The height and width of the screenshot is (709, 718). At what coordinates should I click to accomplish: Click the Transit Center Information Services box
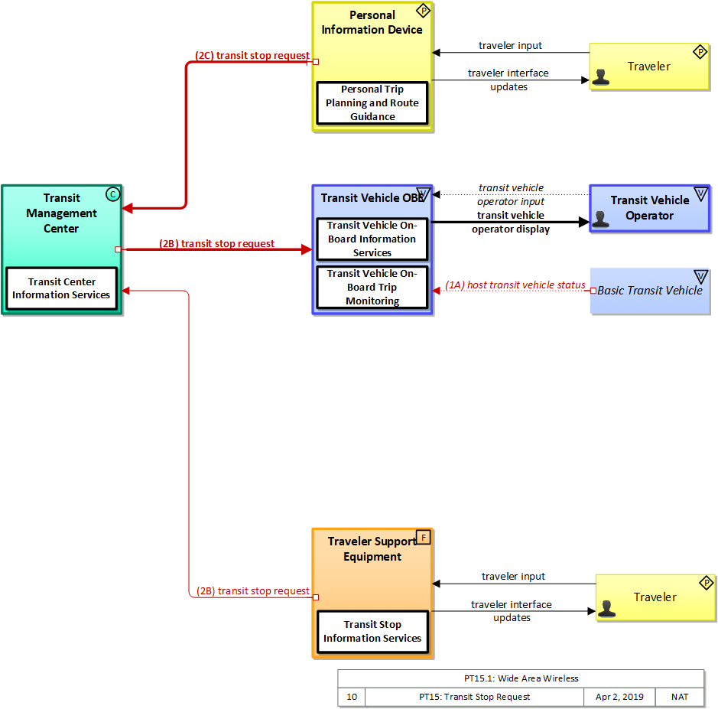pyautogui.click(x=61, y=288)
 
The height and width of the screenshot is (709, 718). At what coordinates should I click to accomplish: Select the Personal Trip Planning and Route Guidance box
pyautogui.click(x=372, y=103)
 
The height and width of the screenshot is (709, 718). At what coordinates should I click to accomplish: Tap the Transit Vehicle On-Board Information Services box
pyautogui.click(x=372, y=239)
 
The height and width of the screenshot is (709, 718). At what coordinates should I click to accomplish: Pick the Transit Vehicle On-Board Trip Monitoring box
pyautogui.click(x=372, y=288)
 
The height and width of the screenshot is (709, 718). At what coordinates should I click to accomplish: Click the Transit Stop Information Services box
pyautogui.click(x=372, y=632)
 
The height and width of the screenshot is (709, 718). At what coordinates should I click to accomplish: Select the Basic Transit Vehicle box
pyautogui.click(x=649, y=291)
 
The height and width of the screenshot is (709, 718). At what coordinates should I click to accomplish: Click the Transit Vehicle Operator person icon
pyautogui.click(x=601, y=219)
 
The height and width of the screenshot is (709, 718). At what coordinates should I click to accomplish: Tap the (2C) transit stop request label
pyautogui.click(x=252, y=56)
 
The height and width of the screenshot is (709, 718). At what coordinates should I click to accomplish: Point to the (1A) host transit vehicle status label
pyautogui.click(x=515, y=285)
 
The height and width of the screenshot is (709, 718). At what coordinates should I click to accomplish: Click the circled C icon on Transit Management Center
pyautogui.click(x=112, y=194)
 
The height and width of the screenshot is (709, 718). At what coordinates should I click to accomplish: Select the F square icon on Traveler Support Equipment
pyautogui.click(x=424, y=538)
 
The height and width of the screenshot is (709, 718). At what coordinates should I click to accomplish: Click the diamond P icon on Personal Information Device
pyautogui.click(x=424, y=11)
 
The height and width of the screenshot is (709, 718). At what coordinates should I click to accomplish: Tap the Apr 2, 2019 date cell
pyautogui.click(x=619, y=697)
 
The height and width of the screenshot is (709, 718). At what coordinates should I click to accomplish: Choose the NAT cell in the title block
pyautogui.click(x=680, y=697)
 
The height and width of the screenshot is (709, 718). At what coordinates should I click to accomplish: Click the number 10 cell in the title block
pyautogui.click(x=352, y=697)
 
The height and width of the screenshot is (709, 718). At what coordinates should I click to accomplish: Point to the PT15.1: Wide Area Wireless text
pyautogui.click(x=521, y=678)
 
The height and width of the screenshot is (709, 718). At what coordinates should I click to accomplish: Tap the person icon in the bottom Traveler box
pyautogui.click(x=607, y=609)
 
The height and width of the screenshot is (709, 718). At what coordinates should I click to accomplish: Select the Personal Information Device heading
pyautogui.click(x=372, y=22)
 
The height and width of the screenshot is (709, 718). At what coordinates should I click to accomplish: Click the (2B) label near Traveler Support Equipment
pyautogui.click(x=253, y=591)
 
